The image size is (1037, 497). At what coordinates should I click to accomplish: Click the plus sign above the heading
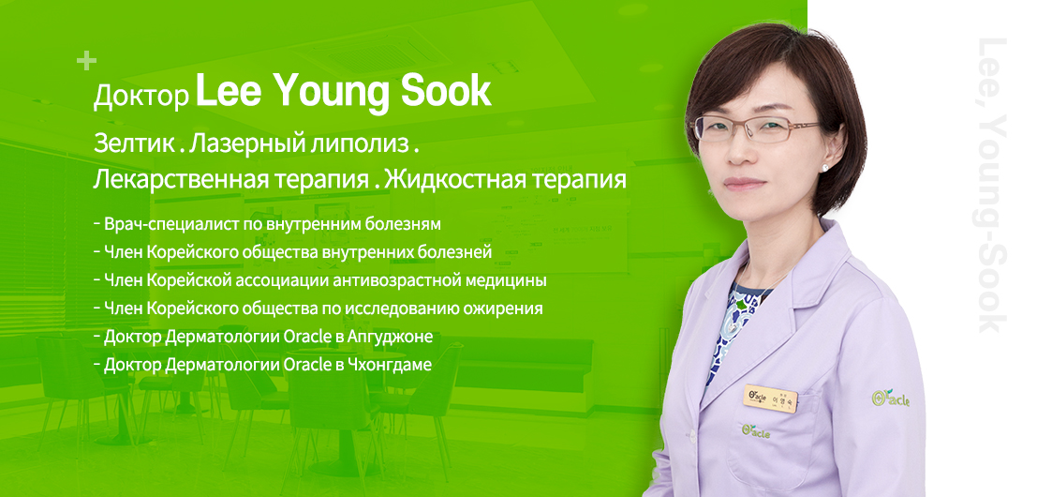(x=86, y=62)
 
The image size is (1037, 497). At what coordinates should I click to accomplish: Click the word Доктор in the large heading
(x=141, y=97)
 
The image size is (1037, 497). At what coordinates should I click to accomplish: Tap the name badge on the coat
(x=771, y=396)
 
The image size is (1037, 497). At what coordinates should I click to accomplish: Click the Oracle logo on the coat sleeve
(x=890, y=399)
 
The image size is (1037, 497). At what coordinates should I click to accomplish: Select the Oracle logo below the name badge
(x=755, y=430)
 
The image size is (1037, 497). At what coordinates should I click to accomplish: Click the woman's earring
(x=823, y=167)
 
